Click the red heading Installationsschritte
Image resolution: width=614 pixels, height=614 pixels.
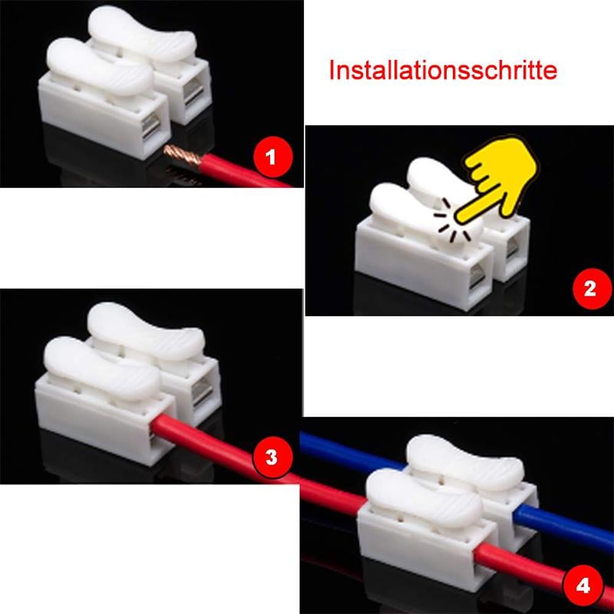tap(443, 71)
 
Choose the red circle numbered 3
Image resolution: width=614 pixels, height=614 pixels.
tap(272, 457)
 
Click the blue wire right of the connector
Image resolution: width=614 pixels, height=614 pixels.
tap(568, 530)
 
